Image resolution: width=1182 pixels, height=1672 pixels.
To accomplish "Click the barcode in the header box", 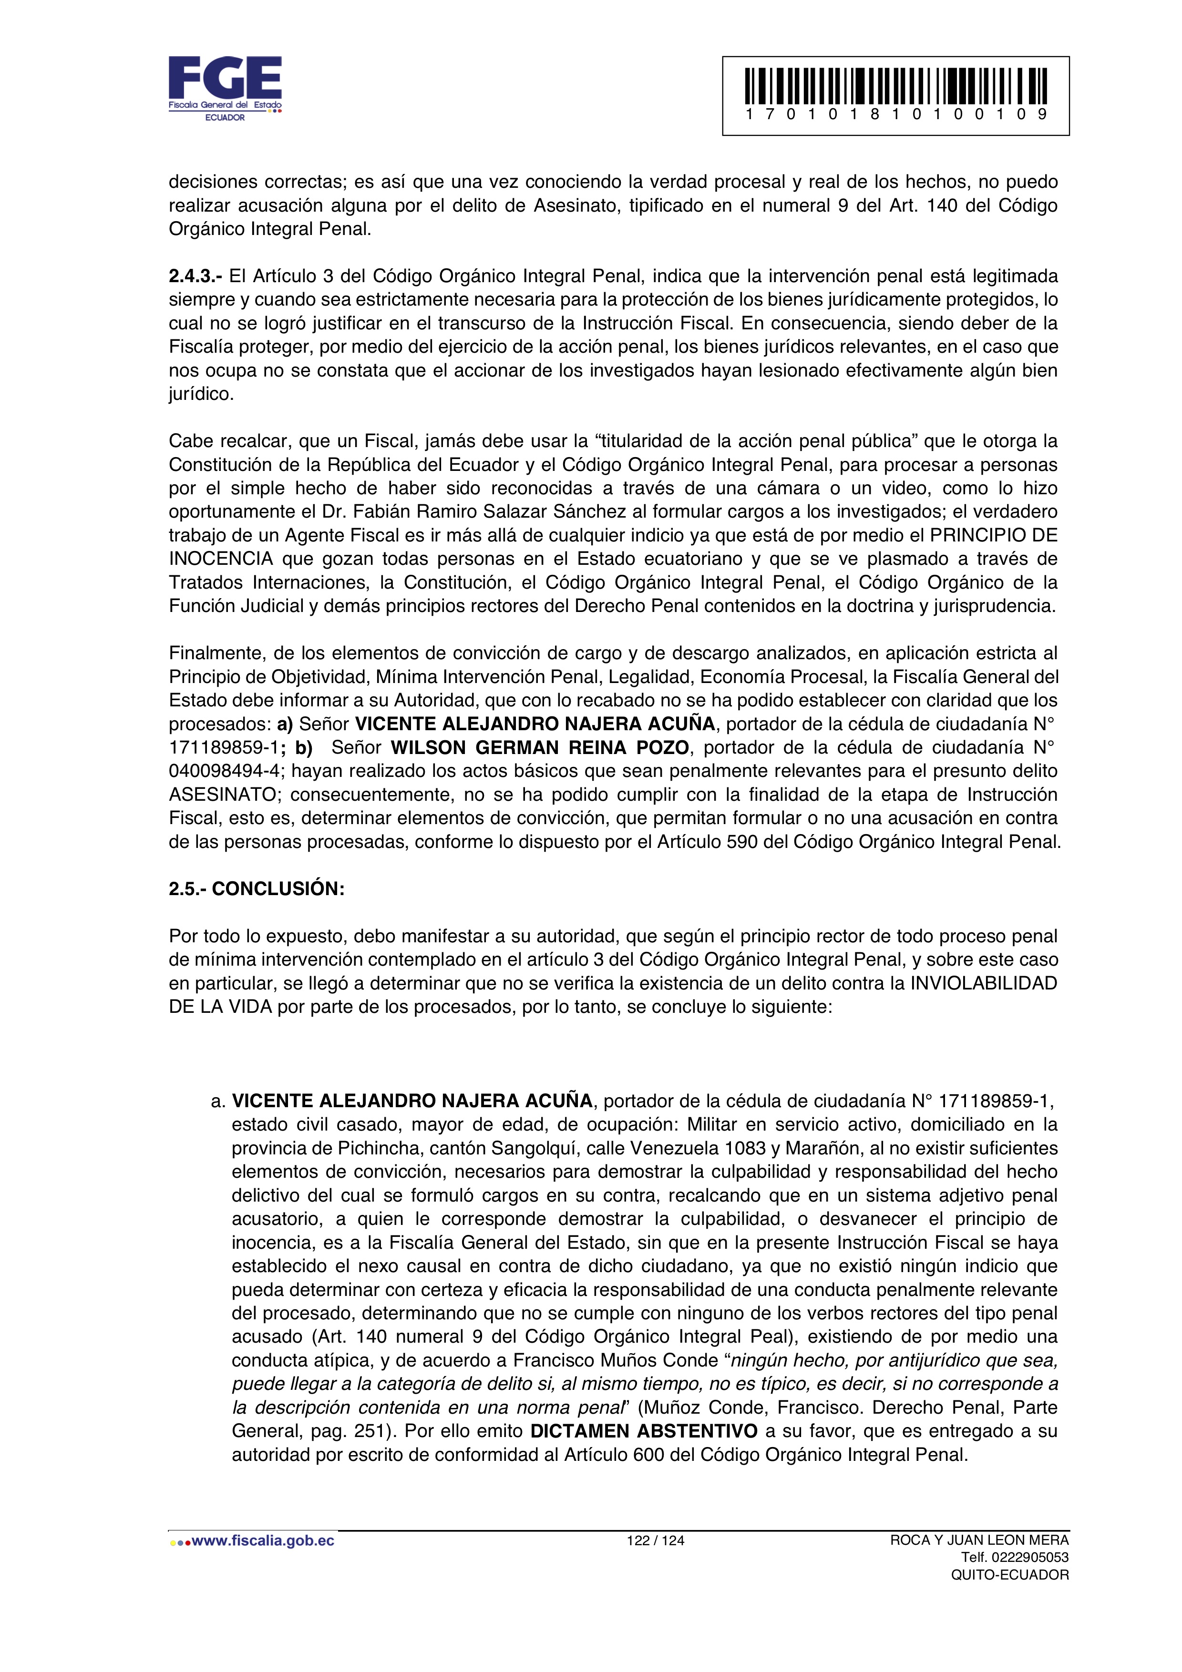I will [896, 86].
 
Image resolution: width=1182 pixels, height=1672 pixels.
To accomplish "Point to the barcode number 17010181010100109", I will [896, 114].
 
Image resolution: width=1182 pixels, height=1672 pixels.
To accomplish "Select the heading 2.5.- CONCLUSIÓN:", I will [257, 889].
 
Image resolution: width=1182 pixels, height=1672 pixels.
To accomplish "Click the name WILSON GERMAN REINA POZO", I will [540, 748].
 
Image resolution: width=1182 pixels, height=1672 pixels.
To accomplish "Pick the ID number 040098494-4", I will [226, 771].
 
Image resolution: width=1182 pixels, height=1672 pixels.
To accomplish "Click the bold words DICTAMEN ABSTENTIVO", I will [644, 1431].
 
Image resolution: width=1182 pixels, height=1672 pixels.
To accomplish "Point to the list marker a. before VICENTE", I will [218, 1101].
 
